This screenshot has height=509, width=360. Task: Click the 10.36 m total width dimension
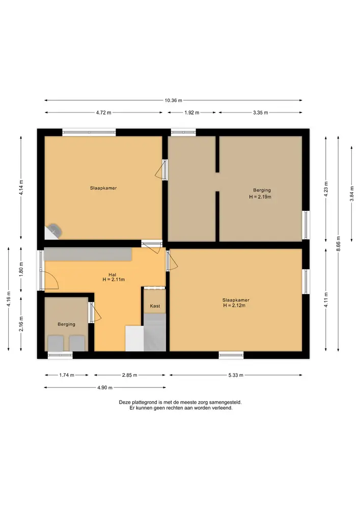173,100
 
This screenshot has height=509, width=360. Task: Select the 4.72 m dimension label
103,112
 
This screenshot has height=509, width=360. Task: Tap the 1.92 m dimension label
191,112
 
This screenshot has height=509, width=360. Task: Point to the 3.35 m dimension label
260,112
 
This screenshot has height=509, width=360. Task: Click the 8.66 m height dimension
338,243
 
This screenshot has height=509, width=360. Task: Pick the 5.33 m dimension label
236,375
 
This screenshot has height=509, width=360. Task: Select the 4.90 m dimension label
104,387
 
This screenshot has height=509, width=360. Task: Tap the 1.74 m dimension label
67,375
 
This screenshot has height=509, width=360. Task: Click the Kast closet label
155,306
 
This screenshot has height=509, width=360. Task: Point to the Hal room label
113,275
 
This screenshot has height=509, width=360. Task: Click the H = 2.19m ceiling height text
260,196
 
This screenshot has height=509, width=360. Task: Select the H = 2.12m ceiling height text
234,305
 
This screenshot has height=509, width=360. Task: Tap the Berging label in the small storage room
66,324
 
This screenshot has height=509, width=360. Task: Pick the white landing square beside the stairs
134,338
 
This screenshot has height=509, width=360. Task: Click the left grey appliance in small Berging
56,344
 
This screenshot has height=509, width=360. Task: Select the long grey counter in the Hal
88,254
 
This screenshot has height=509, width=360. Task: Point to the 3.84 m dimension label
351,194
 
